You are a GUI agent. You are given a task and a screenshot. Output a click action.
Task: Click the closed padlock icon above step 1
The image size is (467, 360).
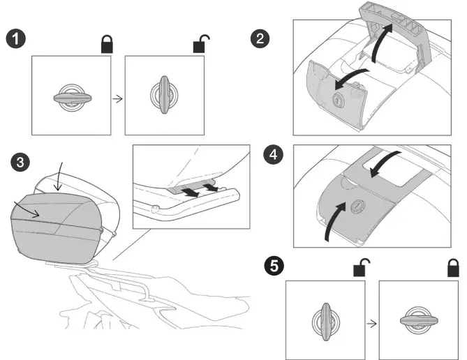coord(107,45)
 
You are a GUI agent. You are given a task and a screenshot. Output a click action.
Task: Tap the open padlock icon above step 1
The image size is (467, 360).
coord(200,45)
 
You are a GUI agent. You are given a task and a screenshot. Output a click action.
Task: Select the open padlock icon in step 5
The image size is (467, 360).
coord(362,267)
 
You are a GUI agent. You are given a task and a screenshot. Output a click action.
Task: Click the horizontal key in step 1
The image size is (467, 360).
coord(71,97)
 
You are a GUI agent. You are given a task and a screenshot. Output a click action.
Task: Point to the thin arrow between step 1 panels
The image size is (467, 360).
coord(117,98)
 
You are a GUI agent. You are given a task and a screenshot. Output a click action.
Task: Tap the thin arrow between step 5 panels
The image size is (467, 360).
coord(371,324)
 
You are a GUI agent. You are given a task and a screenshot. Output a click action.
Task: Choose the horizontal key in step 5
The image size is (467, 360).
coord(417,322)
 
